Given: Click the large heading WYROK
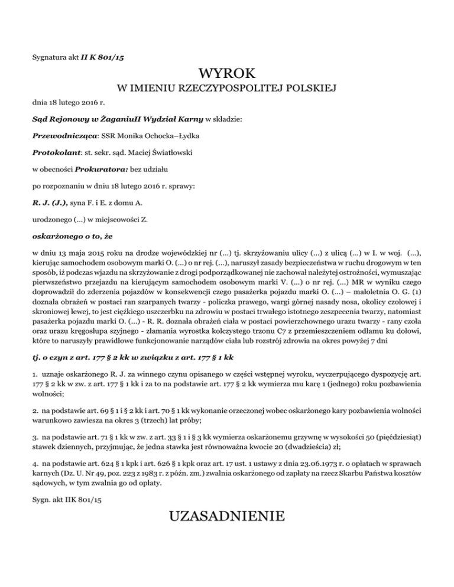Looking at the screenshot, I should pos(227,74).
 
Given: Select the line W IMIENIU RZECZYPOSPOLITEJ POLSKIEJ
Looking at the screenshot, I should pos(227,89).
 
